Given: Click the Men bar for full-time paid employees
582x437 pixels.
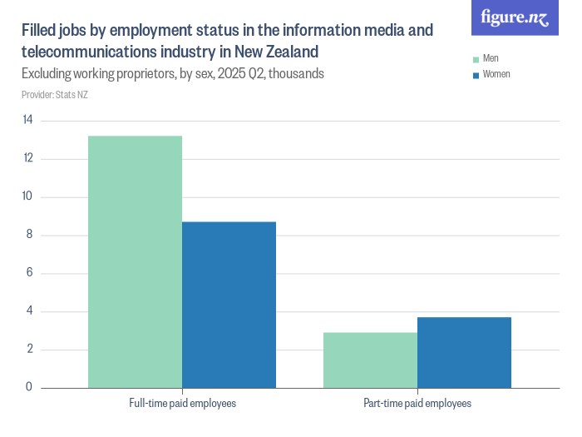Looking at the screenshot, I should coord(135,262).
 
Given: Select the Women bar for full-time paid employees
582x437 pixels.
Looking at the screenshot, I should coord(229,305).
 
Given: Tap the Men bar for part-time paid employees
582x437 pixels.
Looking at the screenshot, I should coord(370,360).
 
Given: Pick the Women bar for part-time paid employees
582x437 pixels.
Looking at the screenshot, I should coord(464,352).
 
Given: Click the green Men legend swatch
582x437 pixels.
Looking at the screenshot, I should coord(476,59).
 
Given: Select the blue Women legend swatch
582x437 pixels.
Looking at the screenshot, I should coord(476,75).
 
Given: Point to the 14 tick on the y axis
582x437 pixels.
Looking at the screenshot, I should coord(27,121).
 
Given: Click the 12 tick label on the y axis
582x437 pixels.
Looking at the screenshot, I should coord(27,159).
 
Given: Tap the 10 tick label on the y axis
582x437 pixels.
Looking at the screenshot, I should coord(27,197).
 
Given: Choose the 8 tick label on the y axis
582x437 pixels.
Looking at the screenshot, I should coord(28,236).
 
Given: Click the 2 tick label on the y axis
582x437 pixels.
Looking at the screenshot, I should coord(28,350).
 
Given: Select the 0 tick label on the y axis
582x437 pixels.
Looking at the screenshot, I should coord(28,388).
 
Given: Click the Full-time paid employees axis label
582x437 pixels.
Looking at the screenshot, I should coord(182,404).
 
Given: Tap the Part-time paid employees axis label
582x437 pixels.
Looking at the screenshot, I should coord(417,404).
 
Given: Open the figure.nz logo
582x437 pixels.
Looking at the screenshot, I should coord(515,18).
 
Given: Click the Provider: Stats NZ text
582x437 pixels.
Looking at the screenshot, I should coord(55,95).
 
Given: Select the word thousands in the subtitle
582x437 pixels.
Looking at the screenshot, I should coord(294,74).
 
